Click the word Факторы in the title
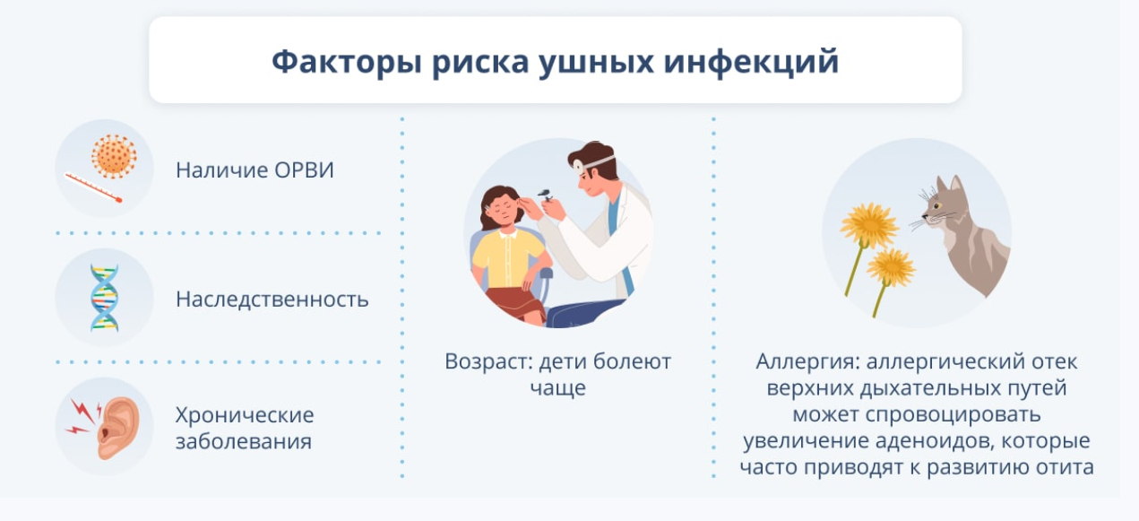pos(347,62)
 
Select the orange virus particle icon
pos(114,156)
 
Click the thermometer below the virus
pos(93,187)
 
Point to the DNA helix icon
pos(104,298)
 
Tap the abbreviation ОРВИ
pos(304,170)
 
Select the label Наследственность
pos(272,300)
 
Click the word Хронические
pos(245,415)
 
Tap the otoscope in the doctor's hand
pos(545,194)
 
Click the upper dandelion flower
pos(869,225)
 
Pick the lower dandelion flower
pos(891,266)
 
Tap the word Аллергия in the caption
pos(807,361)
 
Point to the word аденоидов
pos(934,440)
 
